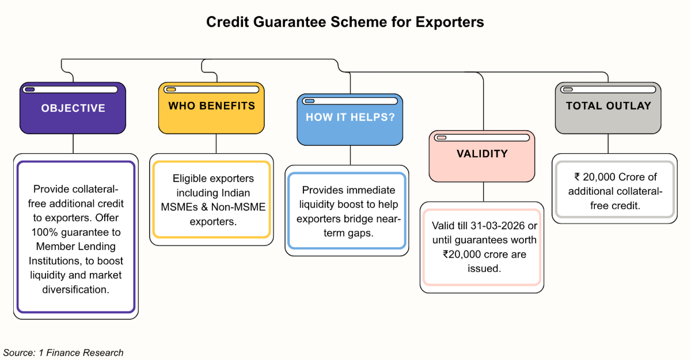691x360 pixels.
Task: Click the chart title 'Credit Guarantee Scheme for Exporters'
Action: pos(345,22)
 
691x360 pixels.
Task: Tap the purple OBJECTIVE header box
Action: pos(73,108)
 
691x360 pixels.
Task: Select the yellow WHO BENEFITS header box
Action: pos(211,107)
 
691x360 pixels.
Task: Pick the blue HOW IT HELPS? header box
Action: pos(350,118)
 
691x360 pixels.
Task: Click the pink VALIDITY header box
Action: pos(482,154)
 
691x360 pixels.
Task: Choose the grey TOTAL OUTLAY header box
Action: pos(608,106)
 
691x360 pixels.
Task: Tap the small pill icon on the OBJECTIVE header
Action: pos(29,89)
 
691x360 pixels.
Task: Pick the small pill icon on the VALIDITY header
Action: pos(442,138)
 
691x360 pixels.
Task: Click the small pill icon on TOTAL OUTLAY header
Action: pos(567,89)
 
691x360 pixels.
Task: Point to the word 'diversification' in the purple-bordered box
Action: pos(75,289)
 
